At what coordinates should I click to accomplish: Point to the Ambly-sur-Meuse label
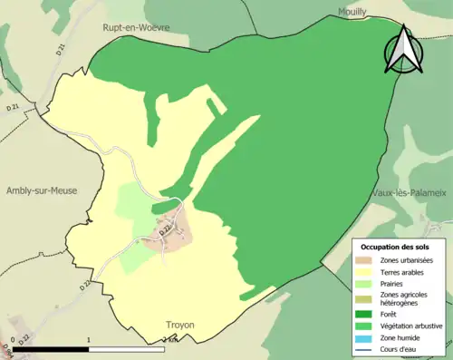tap(42, 190)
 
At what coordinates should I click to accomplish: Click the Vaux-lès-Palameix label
tap(409, 193)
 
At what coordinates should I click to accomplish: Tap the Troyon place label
tap(180, 324)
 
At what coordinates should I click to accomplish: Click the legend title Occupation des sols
tap(395, 247)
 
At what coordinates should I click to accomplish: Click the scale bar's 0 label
tap(8, 340)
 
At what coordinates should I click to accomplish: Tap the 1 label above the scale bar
tap(88, 340)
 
